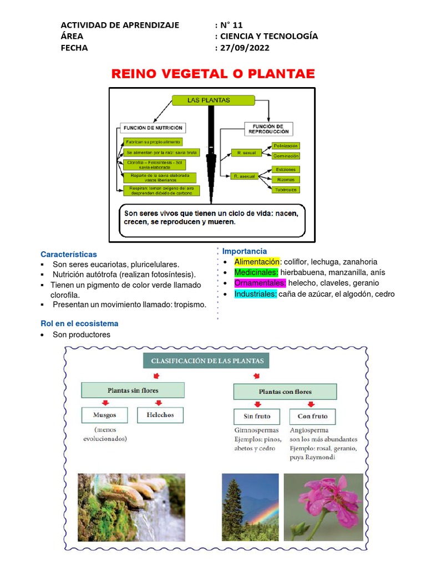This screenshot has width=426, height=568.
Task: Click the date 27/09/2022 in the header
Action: (x=245, y=48)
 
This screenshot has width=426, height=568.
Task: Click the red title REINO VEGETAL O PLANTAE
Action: (x=213, y=74)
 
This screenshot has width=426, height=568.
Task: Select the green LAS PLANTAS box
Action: (x=212, y=100)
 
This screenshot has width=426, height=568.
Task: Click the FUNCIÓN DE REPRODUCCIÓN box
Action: (x=268, y=129)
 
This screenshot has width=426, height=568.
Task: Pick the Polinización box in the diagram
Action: (x=286, y=146)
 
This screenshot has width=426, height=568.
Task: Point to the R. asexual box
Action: (x=245, y=176)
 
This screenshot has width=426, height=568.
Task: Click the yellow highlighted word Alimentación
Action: (x=257, y=262)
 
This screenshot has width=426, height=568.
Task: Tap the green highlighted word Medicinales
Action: (x=256, y=272)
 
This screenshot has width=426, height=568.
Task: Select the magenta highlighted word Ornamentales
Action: (x=260, y=283)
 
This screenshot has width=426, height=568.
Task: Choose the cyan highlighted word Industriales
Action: (x=255, y=294)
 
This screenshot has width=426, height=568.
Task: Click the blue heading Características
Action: (x=69, y=255)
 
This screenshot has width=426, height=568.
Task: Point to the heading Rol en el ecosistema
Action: (x=79, y=323)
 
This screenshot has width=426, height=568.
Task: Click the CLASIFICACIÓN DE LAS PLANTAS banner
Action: (x=206, y=362)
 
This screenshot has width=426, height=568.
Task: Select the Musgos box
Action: (x=105, y=415)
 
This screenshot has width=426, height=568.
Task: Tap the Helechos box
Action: (x=160, y=415)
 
